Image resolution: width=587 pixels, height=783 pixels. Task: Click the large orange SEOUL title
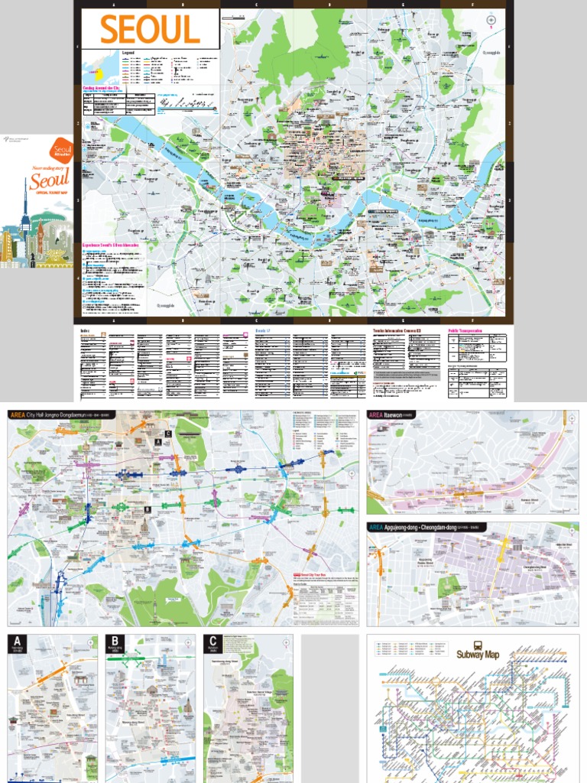click(x=150, y=30)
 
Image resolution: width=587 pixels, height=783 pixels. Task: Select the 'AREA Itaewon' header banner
click(x=391, y=415)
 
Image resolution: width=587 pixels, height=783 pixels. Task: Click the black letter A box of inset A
click(x=18, y=641)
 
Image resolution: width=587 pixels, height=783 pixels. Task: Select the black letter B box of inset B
click(x=115, y=641)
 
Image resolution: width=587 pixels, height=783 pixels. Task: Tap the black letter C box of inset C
click(x=212, y=641)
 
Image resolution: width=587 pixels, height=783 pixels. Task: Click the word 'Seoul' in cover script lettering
click(x=49, y=181)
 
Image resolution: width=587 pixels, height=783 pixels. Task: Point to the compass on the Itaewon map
click(x=571, y=419)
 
